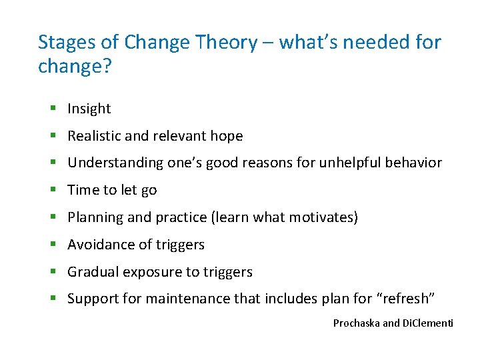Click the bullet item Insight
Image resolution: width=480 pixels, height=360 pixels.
tap(89, 109)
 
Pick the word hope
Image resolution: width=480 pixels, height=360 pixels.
tap(226, 136)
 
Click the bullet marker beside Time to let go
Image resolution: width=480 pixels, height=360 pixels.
tap(53, 190)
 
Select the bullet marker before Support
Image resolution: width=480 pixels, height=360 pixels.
tap(53, 299)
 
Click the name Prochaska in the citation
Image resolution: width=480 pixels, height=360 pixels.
tap(357, 323)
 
